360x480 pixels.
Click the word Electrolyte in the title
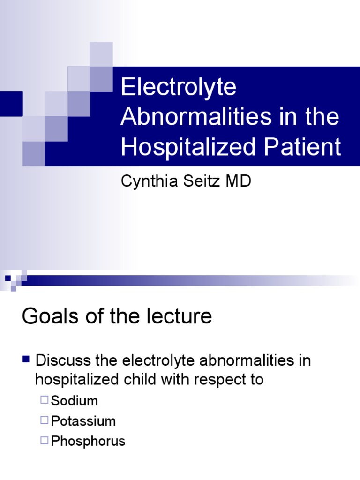click(179, 88)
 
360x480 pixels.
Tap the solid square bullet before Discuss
click(26, 360)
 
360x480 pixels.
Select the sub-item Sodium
click(75, 401)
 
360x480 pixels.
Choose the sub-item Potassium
click(83, 421)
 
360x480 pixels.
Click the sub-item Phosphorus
click(88, 441)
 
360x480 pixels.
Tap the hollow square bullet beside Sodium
click(45, 400)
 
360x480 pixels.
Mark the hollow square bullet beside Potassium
click(45, 420)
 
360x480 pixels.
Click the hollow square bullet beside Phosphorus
click(45, 441)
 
